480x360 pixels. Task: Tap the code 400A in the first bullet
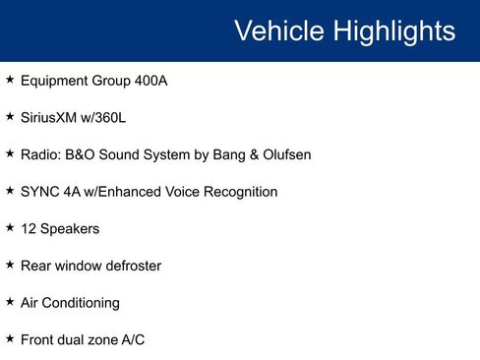point(151,81)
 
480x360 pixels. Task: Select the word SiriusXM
point(49,118)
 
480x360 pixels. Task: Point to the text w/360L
point(104,118)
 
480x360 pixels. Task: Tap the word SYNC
point(39,192)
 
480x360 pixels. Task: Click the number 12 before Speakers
point(29,229)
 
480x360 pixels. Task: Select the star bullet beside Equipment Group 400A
point(10,80)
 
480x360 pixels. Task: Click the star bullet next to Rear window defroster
point(10,265)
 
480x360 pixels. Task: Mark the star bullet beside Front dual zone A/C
point(10,338)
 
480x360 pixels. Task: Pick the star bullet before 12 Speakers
point(10,228)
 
